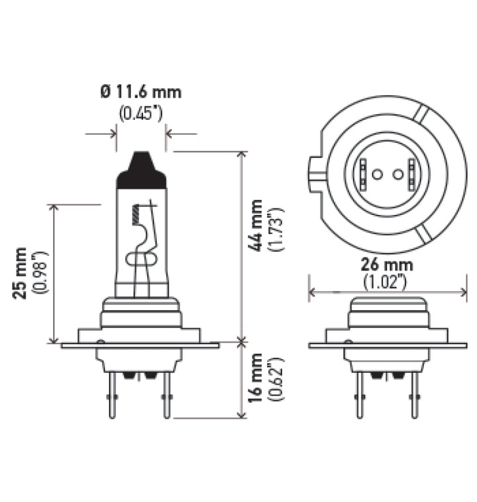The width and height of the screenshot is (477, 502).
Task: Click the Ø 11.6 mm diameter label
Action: point(140,92)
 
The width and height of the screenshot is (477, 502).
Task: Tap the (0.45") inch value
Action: point(140,113)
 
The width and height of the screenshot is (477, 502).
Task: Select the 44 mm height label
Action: point(254,226)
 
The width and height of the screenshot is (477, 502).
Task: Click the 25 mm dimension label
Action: point(21,273)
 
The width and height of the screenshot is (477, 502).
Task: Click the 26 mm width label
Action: point(388,265)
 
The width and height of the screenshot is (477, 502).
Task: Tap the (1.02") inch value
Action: point(388,282)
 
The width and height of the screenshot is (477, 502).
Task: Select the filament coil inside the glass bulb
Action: point(137,212)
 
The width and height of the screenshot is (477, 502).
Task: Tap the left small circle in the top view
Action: point(376,175)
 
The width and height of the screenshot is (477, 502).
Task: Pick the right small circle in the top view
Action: point(398,175)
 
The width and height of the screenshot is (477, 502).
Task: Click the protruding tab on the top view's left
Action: point(314,175)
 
